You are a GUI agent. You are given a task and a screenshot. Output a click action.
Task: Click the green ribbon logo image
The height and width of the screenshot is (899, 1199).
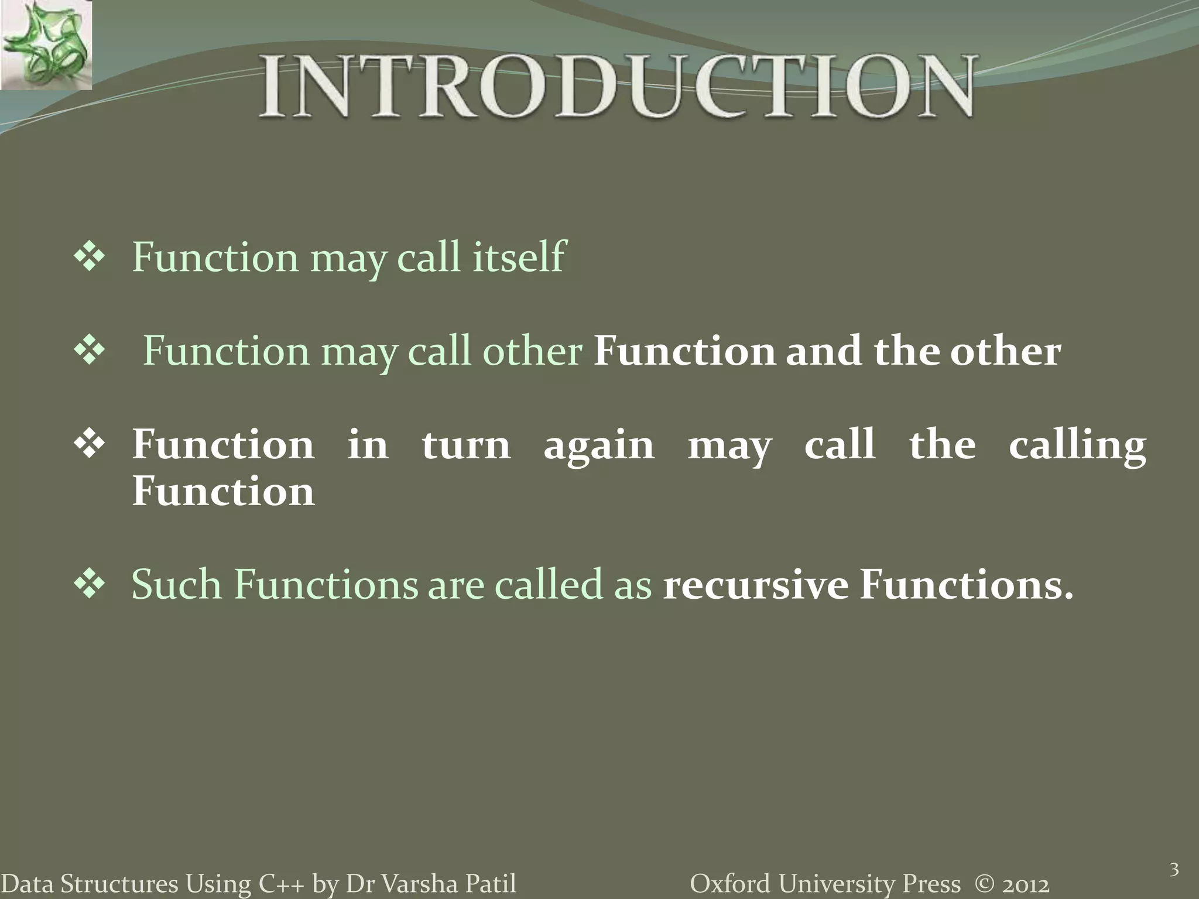(46, 45)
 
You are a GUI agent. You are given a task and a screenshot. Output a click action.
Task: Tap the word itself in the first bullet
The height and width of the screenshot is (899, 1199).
(519, 257)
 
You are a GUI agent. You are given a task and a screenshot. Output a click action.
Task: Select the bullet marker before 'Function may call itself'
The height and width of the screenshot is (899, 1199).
(89, 257)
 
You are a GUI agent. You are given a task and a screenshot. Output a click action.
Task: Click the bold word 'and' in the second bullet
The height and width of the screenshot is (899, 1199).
(824, 351)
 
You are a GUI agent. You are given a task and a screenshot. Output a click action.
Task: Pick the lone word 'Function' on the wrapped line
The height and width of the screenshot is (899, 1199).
(223, 491)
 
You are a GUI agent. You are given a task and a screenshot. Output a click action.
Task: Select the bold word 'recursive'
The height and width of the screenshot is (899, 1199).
(755, 585)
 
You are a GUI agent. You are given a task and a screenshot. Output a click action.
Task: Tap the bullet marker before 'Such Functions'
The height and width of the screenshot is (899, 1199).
(89, 585)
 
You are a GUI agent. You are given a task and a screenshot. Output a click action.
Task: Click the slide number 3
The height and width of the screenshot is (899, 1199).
(1174, 870)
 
